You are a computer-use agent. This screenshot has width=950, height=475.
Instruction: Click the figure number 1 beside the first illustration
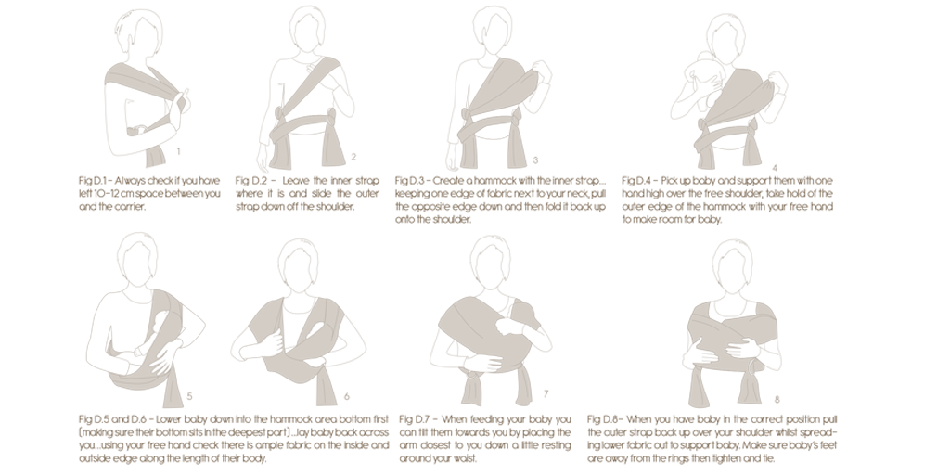pyautogui.click(x=178, y=151)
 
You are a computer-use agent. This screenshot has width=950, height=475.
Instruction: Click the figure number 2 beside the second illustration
pyautogui.click(x=353, y=156)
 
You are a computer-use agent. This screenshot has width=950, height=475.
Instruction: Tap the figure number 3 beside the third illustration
pyautogui.click(x=535, y=160)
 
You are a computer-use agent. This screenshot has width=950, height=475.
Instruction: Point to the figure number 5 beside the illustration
pyautogui.click(x=189, y=396)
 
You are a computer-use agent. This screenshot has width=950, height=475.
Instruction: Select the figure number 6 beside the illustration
pyautogui.click(x=347, y=397)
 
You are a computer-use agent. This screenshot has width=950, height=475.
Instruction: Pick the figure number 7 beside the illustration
pyautogui.click(x=546, y=393)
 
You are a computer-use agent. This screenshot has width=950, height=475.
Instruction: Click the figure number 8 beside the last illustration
pyautogui.click(x=777, y=399)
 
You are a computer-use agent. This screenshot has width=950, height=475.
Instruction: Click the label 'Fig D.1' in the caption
pyautogui.click(x=92, y=181)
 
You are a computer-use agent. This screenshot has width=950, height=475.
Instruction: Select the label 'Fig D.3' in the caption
pyautogui.click(x=409, y=181)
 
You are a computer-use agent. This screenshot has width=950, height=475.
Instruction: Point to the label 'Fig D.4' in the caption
pyautogui.click(x=636, y=181)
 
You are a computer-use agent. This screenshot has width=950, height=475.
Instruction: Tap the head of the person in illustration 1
pyautogui.click(x=144, y=32)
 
